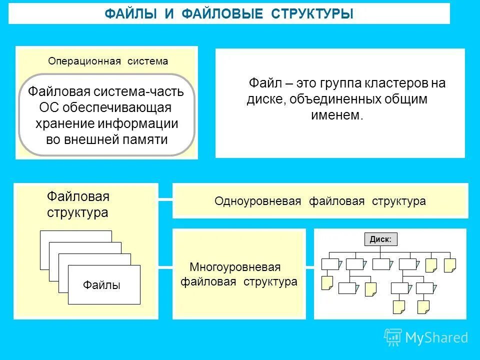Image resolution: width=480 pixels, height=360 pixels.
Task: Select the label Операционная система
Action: [108, 61]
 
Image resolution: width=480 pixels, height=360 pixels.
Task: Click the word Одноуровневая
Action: [258, 201]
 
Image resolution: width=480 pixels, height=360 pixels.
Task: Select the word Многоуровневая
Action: [235, 267]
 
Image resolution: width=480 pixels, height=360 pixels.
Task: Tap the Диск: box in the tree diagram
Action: [380, 239]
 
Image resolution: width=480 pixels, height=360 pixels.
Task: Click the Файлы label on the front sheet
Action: [101, 285]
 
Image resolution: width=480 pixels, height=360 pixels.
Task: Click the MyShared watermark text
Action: [436, 338]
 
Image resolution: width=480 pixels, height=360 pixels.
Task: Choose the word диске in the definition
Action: [265, 99]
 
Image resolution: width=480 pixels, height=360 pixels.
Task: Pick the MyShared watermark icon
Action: [393, 337]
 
